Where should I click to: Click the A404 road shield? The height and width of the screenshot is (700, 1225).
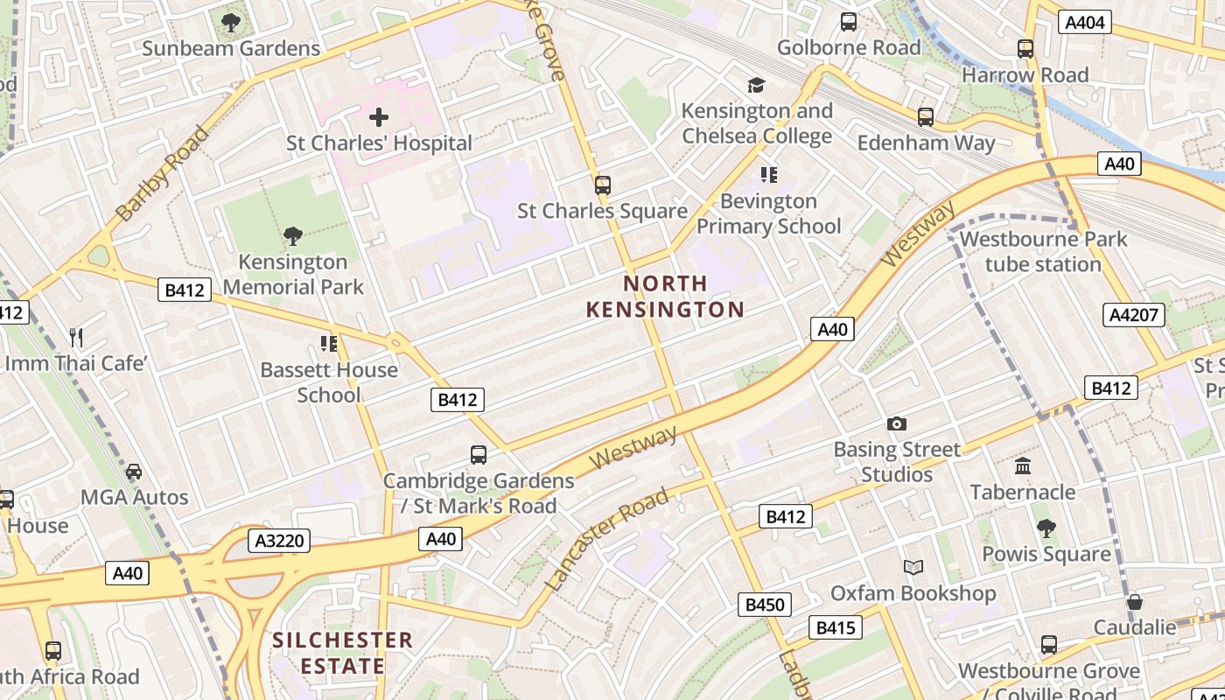click(x=1084, y=23)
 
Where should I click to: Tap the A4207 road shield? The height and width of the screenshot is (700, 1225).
click(x=1134, y=315)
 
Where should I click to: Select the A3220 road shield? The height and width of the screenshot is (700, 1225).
click(x=279, y=541)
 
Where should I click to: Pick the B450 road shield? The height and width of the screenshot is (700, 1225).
click(x=764, y=605)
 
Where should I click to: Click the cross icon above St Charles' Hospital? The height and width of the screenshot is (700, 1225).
click(x=379, y=117)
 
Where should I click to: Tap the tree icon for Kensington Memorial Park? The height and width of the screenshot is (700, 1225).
click(x=293, y=235)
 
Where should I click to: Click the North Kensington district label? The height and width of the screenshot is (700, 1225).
click(x=665, y=297)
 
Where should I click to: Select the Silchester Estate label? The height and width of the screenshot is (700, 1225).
click(x=342, y=653)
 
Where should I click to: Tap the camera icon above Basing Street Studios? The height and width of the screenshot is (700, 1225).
click(x=897, y=424)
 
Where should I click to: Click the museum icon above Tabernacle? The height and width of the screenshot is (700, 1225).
click(x=1022, y=466)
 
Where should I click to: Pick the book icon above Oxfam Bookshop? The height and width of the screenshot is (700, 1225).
click(x=913, y=568)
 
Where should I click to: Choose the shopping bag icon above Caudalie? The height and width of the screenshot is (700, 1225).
click(x=1135, y=602)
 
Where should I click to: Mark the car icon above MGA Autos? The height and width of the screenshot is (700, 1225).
click(x=134, y=472)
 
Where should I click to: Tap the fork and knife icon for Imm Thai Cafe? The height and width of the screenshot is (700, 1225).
click(x=76, y=337)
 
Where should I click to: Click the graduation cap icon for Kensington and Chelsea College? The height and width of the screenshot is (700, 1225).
click(x=756, y=85)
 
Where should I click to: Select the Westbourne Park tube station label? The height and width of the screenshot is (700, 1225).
click(x=1043, y=252)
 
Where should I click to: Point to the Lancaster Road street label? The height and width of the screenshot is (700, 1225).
click(x=606, y=539)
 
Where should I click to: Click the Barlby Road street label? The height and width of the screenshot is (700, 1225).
click(x=163, y=172)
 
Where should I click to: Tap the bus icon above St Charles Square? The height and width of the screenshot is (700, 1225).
click(x=602, y=185)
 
